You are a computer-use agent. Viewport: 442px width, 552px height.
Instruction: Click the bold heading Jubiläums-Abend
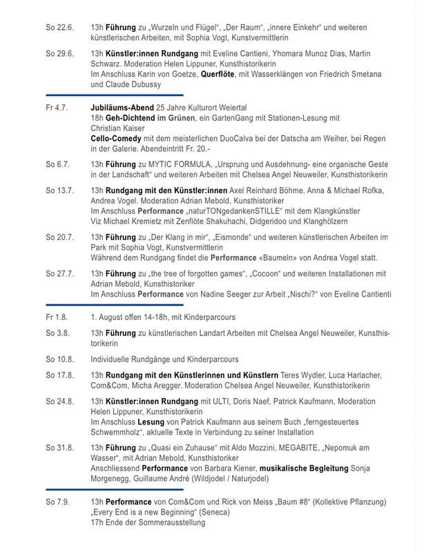tap(122, 109)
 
